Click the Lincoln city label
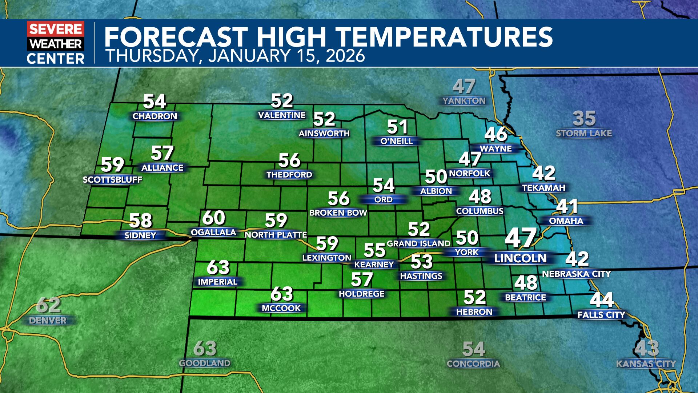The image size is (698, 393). [520, 258]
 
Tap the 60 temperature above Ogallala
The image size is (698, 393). [213, 218]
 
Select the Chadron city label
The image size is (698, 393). [155, 116]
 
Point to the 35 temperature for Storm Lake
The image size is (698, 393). [584, 119]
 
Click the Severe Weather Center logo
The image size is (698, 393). [56, 43]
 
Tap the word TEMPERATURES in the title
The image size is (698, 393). [444, 37]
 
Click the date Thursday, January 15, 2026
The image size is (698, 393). [235, 56]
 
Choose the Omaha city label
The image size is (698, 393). [566, 221]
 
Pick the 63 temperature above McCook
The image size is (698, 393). [282, 294]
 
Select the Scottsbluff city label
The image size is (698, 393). [112, 180]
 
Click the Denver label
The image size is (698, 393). [48, 321]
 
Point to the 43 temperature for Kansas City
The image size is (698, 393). [646, 349]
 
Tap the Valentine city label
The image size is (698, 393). [282, 115]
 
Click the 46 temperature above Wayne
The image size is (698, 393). [496, 134]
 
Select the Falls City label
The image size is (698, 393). [601, 315]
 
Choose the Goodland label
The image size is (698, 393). [205, 363]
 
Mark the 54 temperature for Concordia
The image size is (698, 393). [474, 349]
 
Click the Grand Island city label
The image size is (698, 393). [418, 243]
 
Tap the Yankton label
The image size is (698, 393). [464, 101]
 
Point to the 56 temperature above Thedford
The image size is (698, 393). [289, 160]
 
